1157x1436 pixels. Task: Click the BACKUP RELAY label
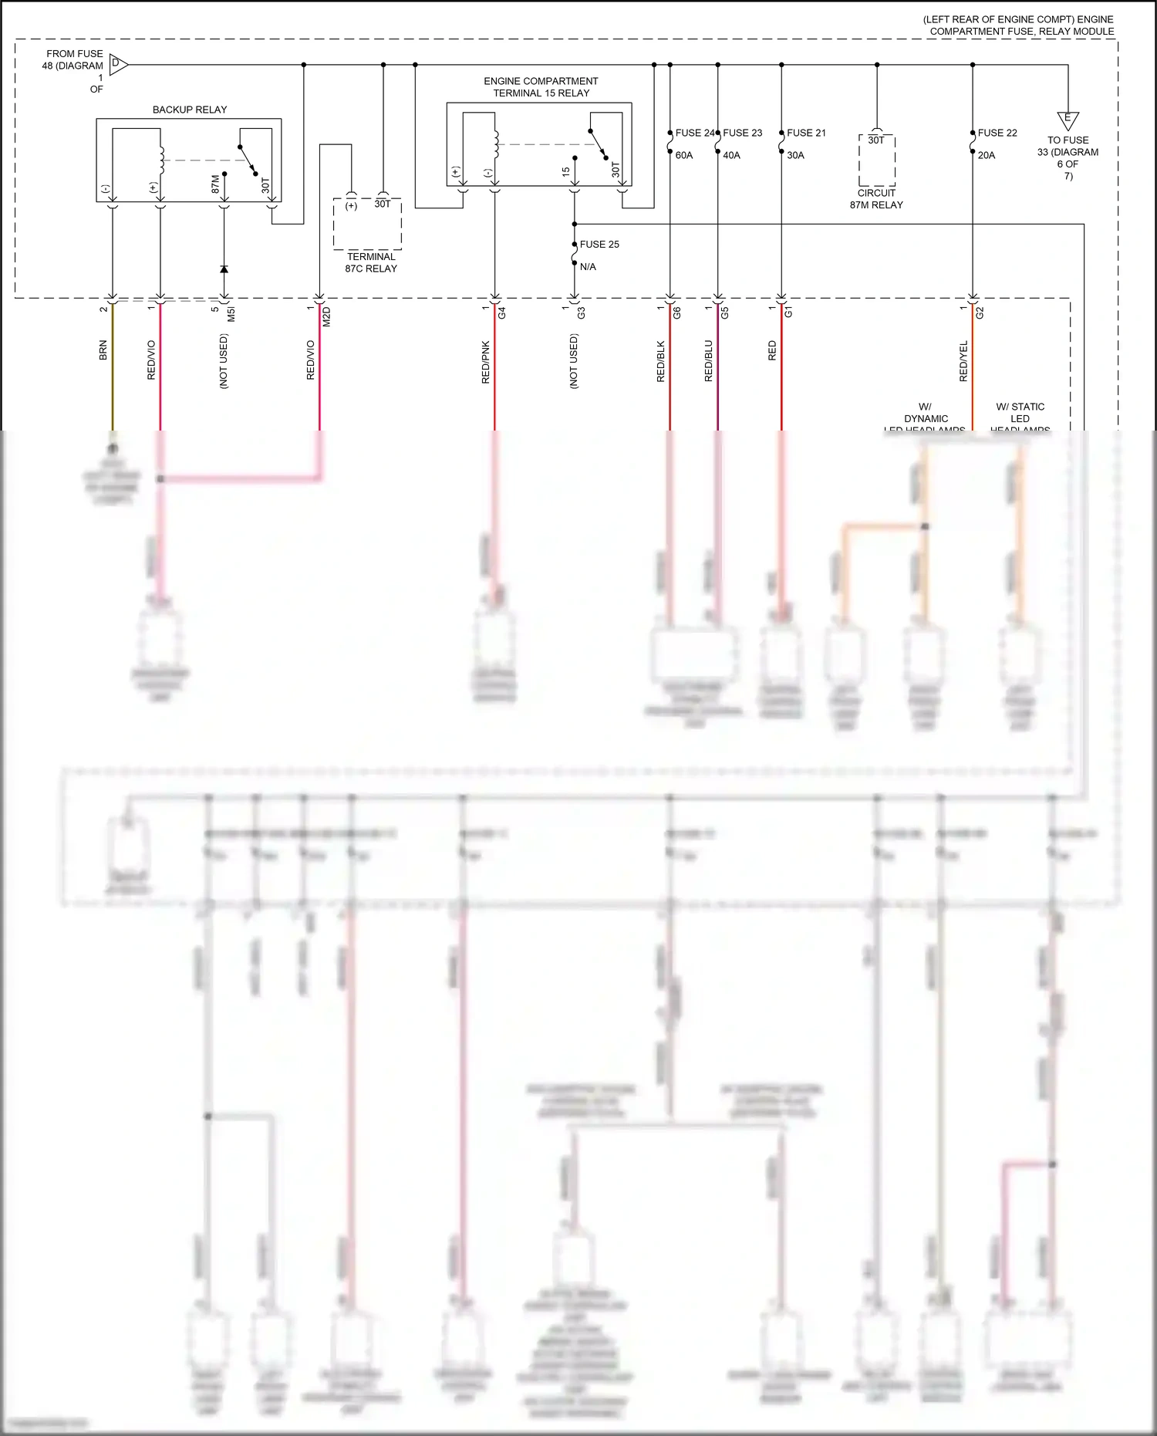pyautogui.click(x=190, y=110)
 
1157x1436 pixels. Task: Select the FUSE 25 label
pyautogui.click(x=599, y=245)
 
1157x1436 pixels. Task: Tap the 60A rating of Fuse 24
pyautogui.click(x=684, y=155)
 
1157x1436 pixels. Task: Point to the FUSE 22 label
pyautogui.click(x=997, y=133)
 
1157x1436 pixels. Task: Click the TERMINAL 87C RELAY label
pyautogui.click(x=371, y=262)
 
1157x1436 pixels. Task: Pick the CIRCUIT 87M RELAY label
pyautogui.click(x=876, y=199)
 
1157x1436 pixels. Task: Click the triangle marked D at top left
pyautogui.click(x=118, y=64)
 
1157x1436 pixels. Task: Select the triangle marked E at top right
pyautogui.click(x=1068, y=120)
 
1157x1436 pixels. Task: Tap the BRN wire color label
pyautogui.click(x=103, y=350)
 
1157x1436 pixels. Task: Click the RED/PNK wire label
pyautogui.click(x=485, y=362)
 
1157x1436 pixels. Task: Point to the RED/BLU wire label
pyautogui.click(x=708, y=361)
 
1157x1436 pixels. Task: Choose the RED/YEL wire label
pyautogui.click(x=963, y=361)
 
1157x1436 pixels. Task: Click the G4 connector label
pyautogui.click(x=501, y=313)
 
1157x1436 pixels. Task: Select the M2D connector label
pyautogui.click(x=326, y=316)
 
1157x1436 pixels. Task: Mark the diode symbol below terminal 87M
pyautogui.click(x=224, y=269)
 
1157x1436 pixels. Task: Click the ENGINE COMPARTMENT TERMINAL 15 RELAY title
pyautogui.click(x=541, y=87)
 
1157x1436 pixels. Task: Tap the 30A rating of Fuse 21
pyautogui.click(x=795, y=155)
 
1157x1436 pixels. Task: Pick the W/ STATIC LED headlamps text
pyautogui.click(x=1020, y=417)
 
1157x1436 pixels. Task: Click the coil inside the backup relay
pyautogui.click(x=162, y=160)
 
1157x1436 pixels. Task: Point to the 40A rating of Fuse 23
pyautogui.click(x=731, y=155)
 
